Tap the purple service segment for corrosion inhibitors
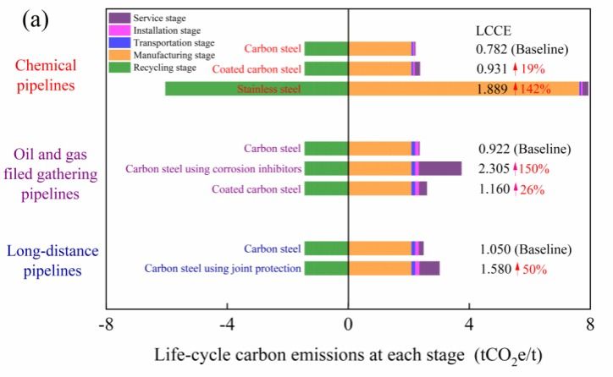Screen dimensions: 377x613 [440, 168]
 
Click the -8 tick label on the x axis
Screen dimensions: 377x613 [106, 324]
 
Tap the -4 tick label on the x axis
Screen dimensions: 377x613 [227, 324]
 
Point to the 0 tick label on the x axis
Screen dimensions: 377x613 [348, 324]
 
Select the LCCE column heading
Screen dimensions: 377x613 [494, 30]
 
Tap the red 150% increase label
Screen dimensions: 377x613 [534, 169]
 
